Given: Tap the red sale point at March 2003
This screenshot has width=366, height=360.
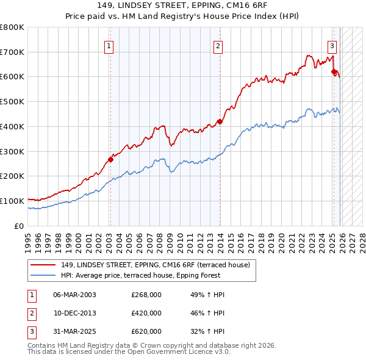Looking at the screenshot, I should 110,160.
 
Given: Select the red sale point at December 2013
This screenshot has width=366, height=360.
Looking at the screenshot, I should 220,121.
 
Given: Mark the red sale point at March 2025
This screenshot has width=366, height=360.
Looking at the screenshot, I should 334,72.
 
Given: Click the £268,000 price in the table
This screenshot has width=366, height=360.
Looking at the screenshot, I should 146,295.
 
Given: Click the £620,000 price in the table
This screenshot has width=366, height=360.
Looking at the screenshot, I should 146,331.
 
